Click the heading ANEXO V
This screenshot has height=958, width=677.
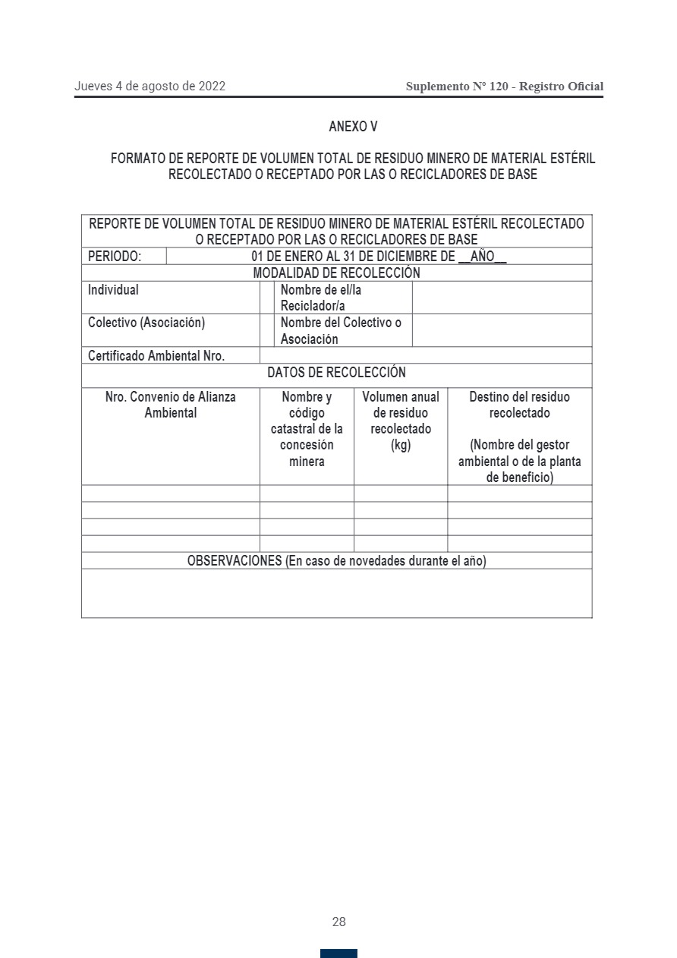pos(353,127)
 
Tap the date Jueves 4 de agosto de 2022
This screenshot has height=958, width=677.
pos(150,87)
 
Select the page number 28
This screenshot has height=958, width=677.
pos(338,922)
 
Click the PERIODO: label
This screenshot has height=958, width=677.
pos(115,257)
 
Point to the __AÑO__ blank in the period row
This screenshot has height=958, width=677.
pos(482,257)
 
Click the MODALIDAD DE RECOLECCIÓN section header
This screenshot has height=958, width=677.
pos(336,273)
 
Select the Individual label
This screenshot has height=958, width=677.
pos(114,290)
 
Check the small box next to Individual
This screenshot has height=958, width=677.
pos(266,298)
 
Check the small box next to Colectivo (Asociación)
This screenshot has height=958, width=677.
pos(266,330)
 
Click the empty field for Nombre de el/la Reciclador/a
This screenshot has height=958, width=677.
pos(502,298)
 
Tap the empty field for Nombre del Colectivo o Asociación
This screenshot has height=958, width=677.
pos(502,330)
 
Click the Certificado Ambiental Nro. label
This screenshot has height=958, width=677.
pos(156,355)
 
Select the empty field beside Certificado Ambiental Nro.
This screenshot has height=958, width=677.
pos(425,355)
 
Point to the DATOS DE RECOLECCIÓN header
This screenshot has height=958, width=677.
pos(336,373)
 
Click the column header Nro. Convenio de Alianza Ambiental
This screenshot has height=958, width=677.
pos(171,405)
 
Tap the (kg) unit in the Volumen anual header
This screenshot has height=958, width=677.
pos(401,445)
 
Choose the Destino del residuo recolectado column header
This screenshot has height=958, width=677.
pos(520,405)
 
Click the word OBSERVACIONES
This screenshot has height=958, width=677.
pos(235,561)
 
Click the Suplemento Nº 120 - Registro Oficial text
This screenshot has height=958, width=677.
pos(505,87)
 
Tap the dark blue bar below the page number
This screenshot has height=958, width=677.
pos(338,953)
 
